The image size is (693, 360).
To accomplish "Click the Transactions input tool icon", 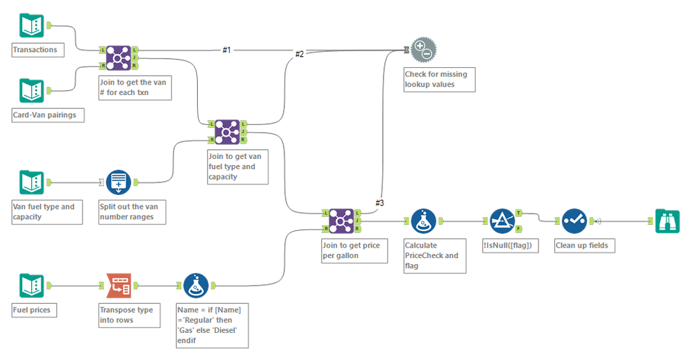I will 31,26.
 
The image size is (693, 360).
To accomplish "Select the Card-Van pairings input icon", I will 31,91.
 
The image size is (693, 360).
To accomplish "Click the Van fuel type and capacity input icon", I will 31,182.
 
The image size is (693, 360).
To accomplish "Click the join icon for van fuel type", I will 227,132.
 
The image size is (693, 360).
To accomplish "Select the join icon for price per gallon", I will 340,221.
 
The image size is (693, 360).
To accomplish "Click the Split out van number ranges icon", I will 119,182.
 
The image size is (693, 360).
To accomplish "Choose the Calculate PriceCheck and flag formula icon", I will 423,221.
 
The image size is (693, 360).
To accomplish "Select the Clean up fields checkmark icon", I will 574,221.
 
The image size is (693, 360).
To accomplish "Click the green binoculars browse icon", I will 667,221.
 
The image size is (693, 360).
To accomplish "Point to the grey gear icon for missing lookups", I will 423,50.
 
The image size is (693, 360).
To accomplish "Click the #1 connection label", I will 227,50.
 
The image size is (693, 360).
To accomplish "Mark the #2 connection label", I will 300,54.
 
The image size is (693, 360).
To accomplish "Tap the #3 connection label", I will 379,203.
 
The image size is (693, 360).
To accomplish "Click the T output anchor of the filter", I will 520,214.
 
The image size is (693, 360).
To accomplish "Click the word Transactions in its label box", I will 35,50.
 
